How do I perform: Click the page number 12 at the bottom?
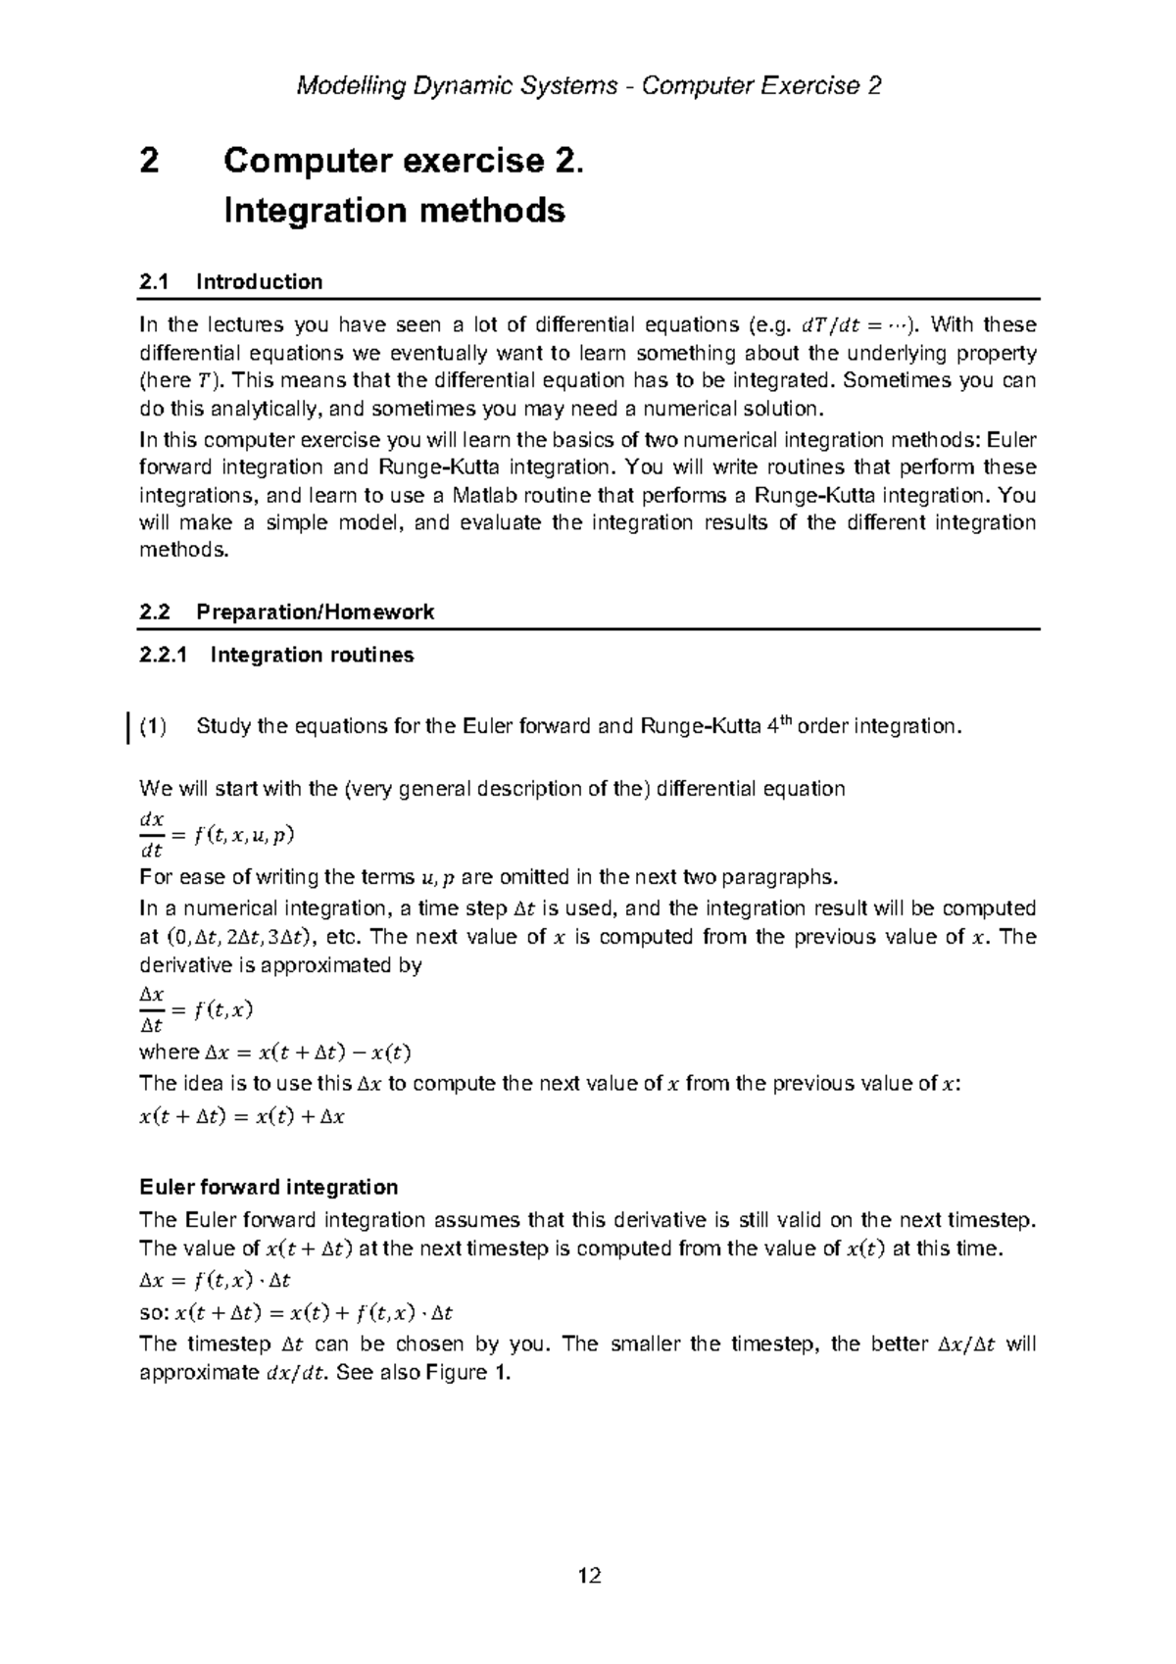(x=589, y=1576)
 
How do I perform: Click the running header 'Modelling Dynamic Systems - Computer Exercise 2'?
(x=589, y=86)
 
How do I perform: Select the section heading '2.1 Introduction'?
(x=231, y=282)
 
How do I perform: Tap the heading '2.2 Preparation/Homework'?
(x=286, y=612)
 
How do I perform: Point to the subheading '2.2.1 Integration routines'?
(x=276, y=655)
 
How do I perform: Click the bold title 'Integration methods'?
(x=394, y=211)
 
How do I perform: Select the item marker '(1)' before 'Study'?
(x=153, y=727)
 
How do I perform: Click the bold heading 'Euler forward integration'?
(x=269, y=1188)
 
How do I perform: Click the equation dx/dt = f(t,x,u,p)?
(x=217, y=835)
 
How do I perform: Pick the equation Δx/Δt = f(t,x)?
(x=197, y=1009)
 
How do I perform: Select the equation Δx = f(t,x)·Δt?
(x=215, y=1281)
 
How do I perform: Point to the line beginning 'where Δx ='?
(x=275, y=1053)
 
